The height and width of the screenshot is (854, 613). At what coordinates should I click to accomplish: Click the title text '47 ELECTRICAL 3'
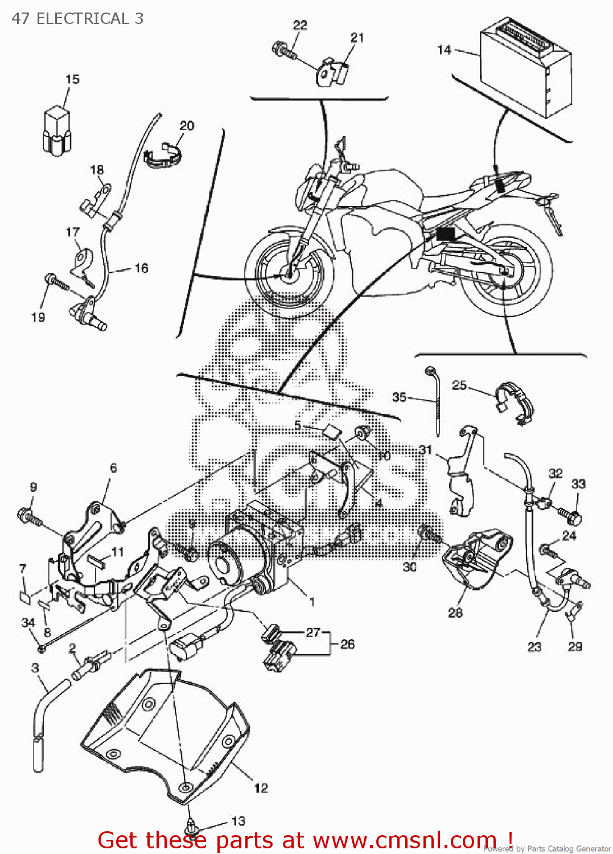[77, 18]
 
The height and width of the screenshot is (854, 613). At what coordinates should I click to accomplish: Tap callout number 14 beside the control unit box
[444, 50]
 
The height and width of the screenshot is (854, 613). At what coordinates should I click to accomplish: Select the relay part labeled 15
[57, 131]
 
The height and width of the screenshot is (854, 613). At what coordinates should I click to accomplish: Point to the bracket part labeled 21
[332, 72]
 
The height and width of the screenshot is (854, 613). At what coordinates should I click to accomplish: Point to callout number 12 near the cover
[261, 788]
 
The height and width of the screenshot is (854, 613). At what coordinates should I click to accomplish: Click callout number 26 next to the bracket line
[347, 644]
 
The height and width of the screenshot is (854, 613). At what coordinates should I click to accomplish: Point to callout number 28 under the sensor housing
[455, 613]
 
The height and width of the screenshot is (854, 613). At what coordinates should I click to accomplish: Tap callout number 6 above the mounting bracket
[113, 467]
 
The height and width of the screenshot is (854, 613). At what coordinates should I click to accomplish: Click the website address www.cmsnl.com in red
[404, 840]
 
